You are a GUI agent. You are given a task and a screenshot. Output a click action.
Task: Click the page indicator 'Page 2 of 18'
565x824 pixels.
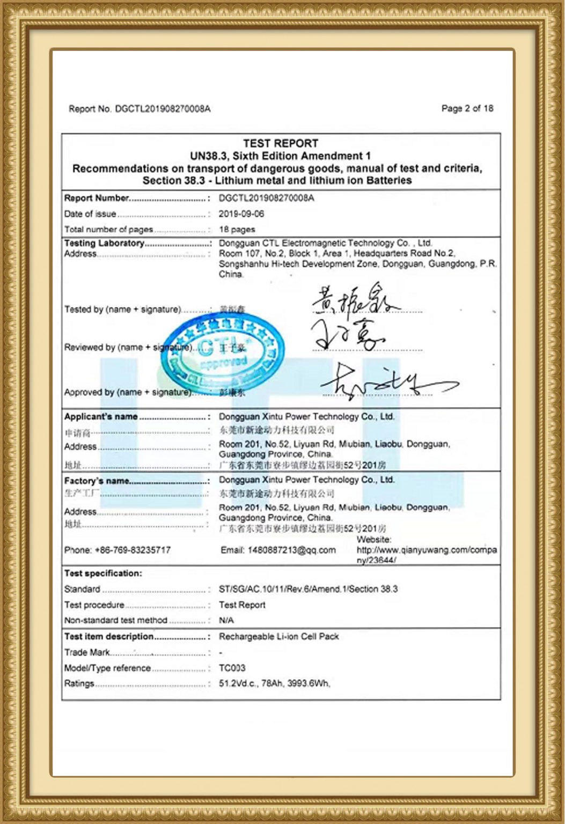click(x=467, y=108)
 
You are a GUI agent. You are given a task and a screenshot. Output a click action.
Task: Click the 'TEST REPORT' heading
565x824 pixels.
click(x=281, y=143)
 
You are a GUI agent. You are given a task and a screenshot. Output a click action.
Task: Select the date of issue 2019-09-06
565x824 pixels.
click(x=241, y=214)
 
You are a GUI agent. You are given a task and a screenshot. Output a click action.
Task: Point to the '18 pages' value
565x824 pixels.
click(x=237, y=229)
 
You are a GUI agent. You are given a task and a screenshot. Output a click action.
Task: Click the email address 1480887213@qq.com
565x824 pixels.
click(x=278, y=550)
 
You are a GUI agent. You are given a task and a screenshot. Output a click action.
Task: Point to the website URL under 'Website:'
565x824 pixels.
click(x=426, y=555)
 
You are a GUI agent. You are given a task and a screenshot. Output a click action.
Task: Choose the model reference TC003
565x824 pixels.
click(x=232, y=668)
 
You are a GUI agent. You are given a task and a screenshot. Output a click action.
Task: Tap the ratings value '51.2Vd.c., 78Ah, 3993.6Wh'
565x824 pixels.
click(x=274, y=683)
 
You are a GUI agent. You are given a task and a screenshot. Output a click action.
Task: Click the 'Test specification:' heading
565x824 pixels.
click(x=103, y=573)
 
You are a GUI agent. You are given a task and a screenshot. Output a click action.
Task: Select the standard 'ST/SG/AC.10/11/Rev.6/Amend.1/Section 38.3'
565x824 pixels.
click(x=308, y=589)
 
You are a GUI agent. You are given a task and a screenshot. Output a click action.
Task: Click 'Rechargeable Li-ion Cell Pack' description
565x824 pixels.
click(x=278, y=636)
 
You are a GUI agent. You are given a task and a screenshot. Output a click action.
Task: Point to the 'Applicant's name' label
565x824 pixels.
click(x=101, y=416)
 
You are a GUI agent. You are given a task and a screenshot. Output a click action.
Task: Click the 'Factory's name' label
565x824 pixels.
click(x=97, y=481)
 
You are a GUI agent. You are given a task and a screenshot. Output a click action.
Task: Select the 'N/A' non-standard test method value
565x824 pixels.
click(x=226, y=620)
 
